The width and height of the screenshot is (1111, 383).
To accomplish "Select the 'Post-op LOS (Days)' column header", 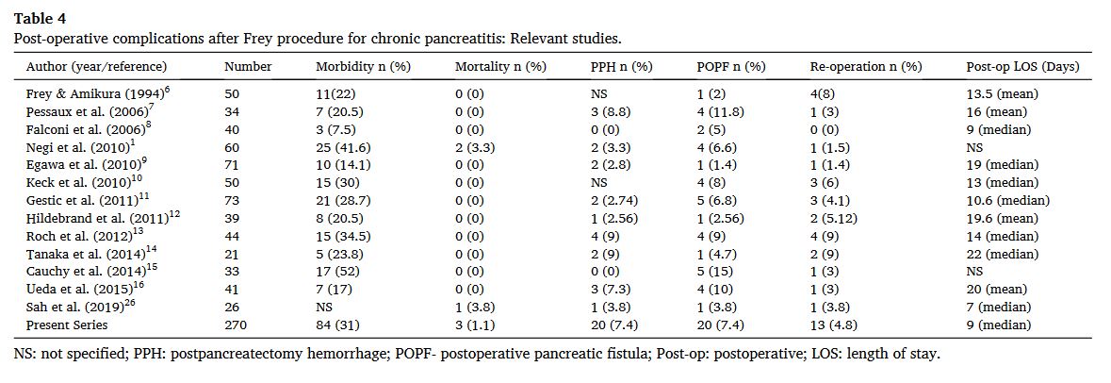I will (x=1022, y=67).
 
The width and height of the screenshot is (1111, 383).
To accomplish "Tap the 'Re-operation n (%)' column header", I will (x=865, y=67).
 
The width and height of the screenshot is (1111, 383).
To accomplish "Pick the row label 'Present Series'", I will (x=68, y=325).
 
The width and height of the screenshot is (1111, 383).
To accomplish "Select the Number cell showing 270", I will (x=235, y=325).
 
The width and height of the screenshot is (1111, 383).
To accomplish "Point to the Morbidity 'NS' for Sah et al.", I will (x=324, y=307).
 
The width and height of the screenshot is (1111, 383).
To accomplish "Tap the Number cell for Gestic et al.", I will (x=232, y=200).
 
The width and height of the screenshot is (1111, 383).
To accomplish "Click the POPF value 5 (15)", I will (x=715, y=272).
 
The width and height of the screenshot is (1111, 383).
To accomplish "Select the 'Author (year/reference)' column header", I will (x=96, y=67).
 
